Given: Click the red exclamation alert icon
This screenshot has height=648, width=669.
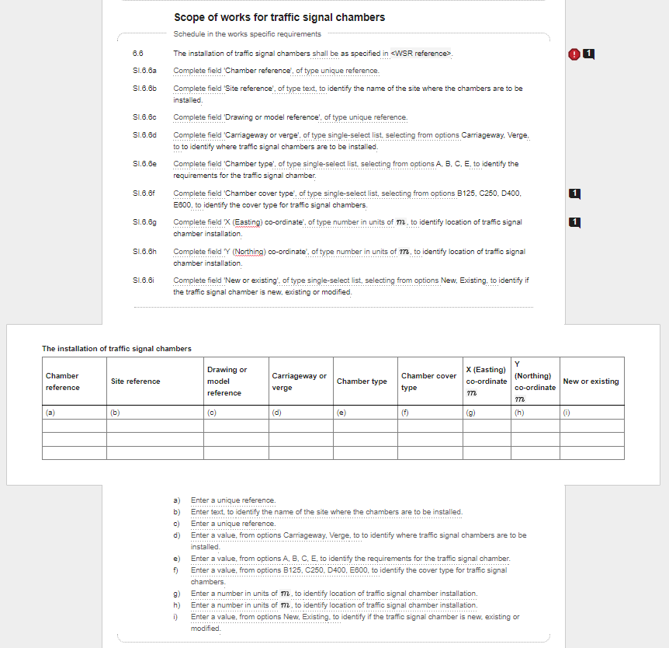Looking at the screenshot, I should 574,54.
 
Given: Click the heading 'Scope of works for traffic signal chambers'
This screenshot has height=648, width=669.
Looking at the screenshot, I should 279,17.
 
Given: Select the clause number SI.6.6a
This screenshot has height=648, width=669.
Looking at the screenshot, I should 144,71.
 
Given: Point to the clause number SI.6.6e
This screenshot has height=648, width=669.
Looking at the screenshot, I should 144,164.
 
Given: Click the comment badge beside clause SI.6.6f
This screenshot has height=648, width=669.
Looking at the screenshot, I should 575,193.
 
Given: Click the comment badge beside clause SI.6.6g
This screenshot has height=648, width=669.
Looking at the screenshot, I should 575,222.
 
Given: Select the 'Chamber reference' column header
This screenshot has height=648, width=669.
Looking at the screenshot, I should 63,381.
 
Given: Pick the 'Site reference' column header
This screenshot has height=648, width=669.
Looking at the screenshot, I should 136,381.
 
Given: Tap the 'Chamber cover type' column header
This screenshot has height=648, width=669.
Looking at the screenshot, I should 428,381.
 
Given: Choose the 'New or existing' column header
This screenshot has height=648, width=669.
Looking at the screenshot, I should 591,381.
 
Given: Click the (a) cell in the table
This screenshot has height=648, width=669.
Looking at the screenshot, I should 74,413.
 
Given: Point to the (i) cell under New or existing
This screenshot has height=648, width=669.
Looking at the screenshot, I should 591,413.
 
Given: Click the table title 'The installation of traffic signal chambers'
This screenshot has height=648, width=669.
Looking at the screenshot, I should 116,349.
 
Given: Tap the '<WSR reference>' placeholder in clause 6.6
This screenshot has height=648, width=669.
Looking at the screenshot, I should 421,54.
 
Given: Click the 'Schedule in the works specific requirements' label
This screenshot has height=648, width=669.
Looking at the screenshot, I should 247,34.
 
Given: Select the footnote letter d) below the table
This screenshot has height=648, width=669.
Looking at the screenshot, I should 177,535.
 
